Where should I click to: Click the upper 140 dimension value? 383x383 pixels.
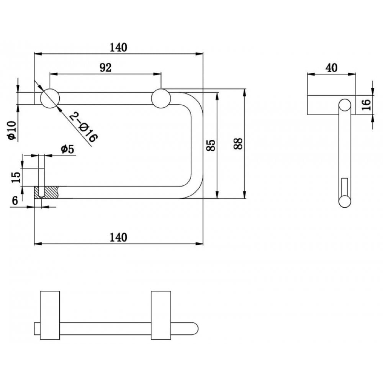118,47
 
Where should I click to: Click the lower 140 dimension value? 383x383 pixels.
118,237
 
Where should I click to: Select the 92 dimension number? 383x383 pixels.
105,68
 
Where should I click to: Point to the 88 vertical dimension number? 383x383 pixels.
238,143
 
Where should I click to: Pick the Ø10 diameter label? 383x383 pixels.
11,130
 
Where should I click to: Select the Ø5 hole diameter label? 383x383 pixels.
67,149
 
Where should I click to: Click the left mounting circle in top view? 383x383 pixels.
50,98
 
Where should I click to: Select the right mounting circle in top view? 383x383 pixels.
161,98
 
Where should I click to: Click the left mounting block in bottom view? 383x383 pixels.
50,315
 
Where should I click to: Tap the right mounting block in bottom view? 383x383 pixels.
161,315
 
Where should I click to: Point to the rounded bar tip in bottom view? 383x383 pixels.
195,329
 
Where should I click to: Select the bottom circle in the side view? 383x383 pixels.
345,201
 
